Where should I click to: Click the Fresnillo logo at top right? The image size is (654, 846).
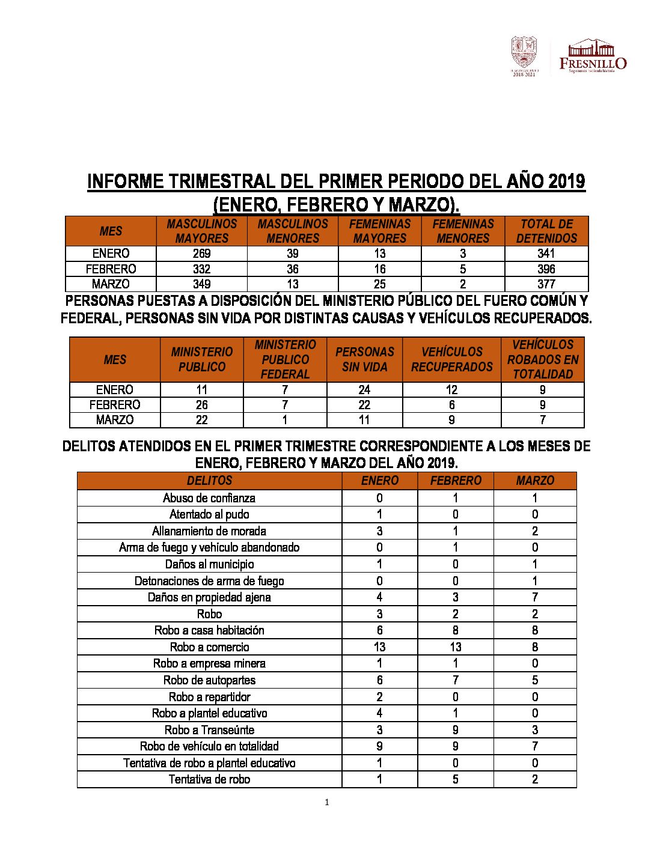pyautogui.click(x=593, y=56)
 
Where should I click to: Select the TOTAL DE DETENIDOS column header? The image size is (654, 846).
pyautogui.click(x=546, y=231)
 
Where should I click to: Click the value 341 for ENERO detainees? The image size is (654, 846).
pyautogui.click(x=546, y=254)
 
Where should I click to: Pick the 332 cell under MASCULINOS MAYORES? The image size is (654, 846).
pyautogui.click(x=201, y=269)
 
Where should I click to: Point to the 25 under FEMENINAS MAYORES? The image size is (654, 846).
pyautogui.click(x=379, y=284)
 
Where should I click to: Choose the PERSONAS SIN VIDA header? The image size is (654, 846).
pyautogui.click(x=364, y=359)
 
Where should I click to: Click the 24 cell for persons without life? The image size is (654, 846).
pyautogui.click(x=364, y=390)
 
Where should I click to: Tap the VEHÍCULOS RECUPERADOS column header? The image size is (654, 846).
pyautogui.click(x=451, y=359)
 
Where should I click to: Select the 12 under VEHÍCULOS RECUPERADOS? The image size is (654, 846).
pyautogui.click(x=451, y=390)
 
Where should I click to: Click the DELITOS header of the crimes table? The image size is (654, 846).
pyautogui.click(x=209, y=481)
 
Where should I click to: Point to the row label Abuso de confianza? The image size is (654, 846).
pyautogui.click(x=209, y=498)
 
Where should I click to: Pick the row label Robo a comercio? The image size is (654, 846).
pyautogui.click(x=209, y=647)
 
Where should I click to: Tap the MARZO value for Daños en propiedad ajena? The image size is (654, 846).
pyautogui.click(x=534, y=597)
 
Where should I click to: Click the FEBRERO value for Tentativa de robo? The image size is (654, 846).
pyautogui.click(x=455, y=779)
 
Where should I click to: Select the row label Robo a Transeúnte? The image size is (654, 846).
pyautogui.click(x=209, y=730)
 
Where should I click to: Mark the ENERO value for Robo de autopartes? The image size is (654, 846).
pyautogui.click(x=379, y=680)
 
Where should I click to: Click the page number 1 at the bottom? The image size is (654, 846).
pyautogui.click(x=326, y=802)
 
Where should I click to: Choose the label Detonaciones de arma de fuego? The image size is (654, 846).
pyautogui.click(x=209, y=581)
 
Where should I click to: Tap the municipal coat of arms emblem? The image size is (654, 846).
pyautogui.click(x=524, y=55)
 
